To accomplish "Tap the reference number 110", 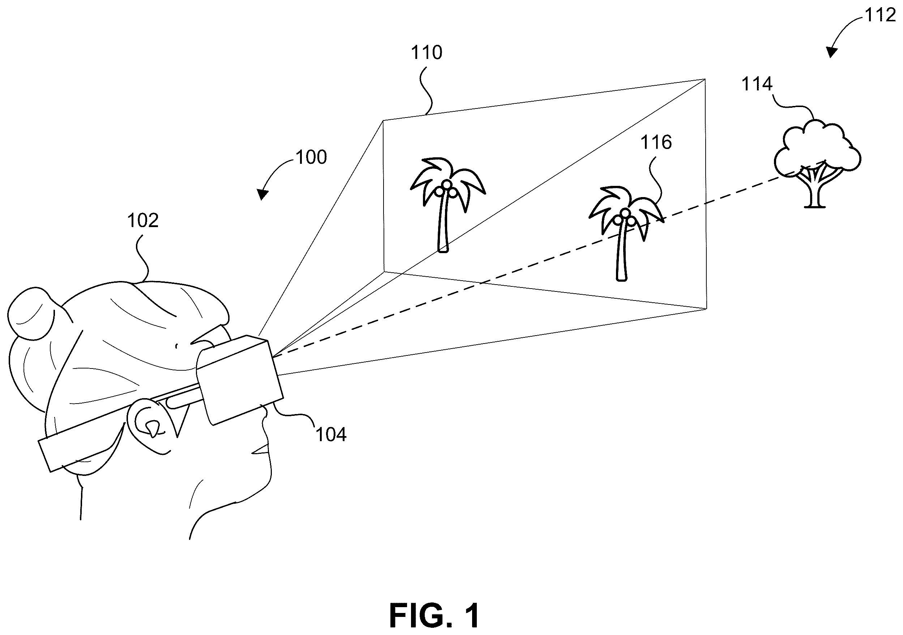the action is point(426,52).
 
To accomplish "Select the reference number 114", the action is point(757,84).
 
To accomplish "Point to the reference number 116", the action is point(656,142).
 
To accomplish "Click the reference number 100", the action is point(311,157).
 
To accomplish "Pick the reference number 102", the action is point(143,221).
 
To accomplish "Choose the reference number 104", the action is point(331,435).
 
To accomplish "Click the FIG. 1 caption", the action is point(434,616).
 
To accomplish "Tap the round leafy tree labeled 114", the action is point(818,163).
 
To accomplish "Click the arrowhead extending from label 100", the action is point(262,194).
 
